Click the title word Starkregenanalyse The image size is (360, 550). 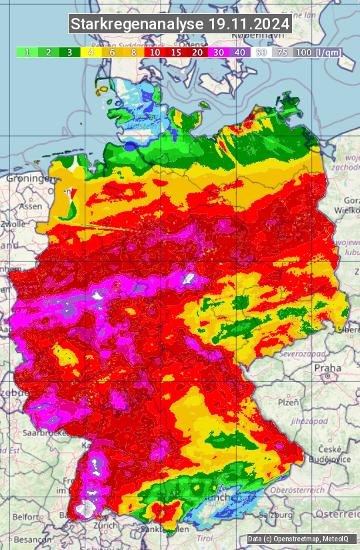[137, 25]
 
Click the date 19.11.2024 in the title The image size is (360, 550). [249, 25]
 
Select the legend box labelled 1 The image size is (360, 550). [27, 52]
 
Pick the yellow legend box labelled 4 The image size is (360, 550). [91, 52]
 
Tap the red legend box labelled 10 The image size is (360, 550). [155, 52]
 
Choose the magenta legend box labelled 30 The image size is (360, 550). [219, 52]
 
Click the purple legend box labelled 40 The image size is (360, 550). [240, 52]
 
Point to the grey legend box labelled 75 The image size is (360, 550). [283, 52]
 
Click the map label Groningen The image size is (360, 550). [28, 179]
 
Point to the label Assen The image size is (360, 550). [29, 207]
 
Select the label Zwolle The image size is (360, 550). [13, 224]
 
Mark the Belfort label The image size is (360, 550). [27, 517]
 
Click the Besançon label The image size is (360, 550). [32, 539]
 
